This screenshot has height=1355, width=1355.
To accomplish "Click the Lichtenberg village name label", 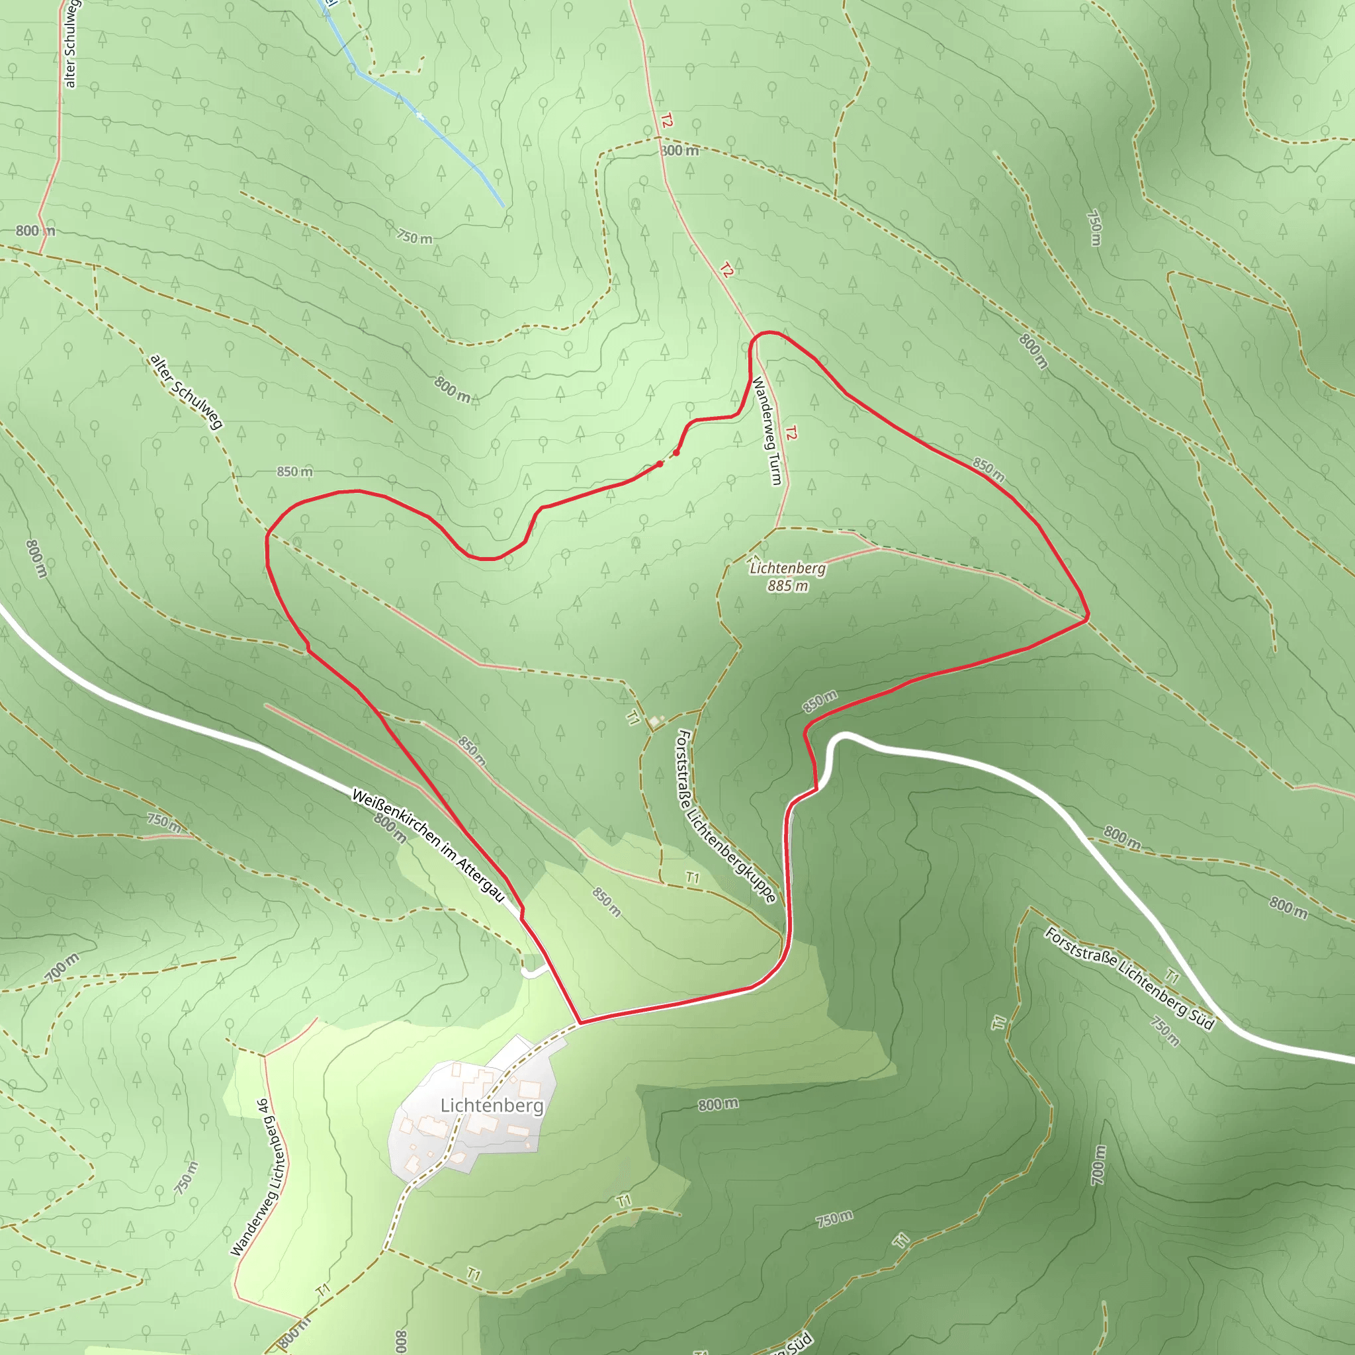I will pyautogui.click(x=492, y=1106).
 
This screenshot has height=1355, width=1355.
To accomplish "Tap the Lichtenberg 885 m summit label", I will pyautogui.click(x=787, y=576).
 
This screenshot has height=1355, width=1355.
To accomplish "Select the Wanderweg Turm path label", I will pyautogui.click(x=767, y=431).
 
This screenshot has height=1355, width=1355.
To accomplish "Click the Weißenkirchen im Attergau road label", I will pyautogui.click(x=428, y=846).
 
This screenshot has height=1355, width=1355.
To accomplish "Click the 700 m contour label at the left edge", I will pyautogui.click(x=62, y=967).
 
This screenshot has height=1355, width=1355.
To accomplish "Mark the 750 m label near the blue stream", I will pyautogui.click(x=414, y=238).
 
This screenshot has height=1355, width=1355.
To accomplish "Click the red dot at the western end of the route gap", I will pyautogui.click(x=659, y=464).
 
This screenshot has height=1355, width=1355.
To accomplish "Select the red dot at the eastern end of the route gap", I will pyautogui.click(x=676, y=453).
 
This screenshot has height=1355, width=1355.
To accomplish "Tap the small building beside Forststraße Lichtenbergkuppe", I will pyautogui.click(x=654, y=721).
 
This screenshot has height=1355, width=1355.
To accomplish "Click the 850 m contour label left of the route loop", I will pyautogui.click(x=294, y=472).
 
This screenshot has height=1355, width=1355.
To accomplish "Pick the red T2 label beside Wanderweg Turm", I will pyautogui.click(x=791, y=433).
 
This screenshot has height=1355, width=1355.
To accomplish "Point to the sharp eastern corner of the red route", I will pyautogui.click(x=1087, y=618).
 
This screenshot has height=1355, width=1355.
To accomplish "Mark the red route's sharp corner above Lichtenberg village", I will pyautogui.click(x=580, y=1023).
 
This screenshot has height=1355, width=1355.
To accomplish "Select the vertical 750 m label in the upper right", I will pyautogui.click(x=1094, y=228).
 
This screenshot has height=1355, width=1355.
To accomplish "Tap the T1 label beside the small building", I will pyautogui.click(x=633, y=717).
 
